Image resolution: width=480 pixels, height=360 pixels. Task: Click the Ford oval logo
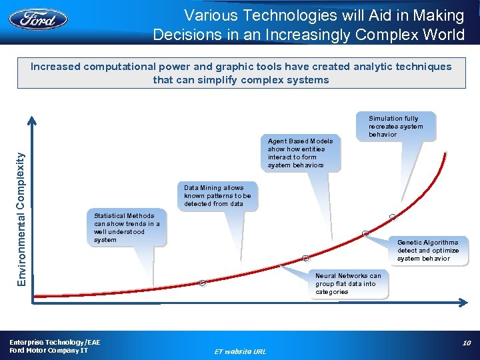(x=38, y=18)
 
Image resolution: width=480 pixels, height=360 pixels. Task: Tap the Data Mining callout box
(x=217, y=196)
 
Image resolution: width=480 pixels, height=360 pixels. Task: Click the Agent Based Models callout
(x=300, y=153)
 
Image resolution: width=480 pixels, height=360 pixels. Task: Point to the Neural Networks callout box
(x=349, y=284)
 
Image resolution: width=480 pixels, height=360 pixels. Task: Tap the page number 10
(x=467, y=343)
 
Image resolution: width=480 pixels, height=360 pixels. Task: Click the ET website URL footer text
(x=240, y=351)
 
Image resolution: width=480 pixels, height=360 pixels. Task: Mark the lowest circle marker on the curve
(x=202, y=283)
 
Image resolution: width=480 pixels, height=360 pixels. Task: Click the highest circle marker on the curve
(x=393, y=217)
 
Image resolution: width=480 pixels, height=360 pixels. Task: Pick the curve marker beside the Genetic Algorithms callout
(x=365, y=233)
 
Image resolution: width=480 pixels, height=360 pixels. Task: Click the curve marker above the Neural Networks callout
(x=306, y=258)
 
